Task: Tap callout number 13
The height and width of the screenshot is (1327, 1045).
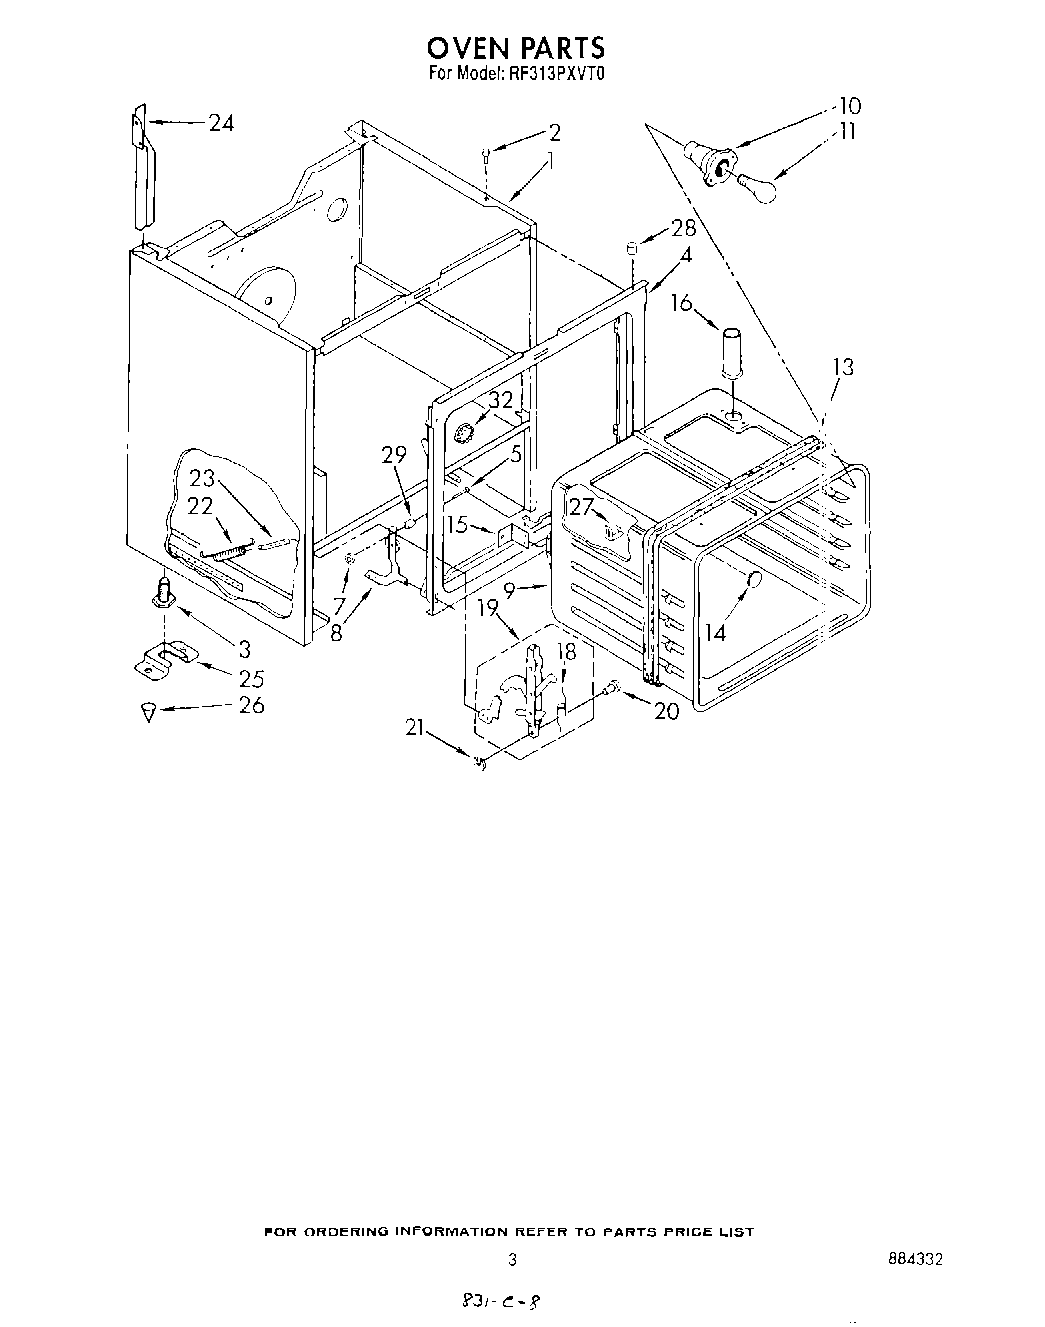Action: point(842,367)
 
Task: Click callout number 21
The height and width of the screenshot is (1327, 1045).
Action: point(418,727)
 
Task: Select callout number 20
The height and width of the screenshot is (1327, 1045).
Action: point(666,711)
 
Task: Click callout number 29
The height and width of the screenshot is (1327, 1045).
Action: point(394,455)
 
